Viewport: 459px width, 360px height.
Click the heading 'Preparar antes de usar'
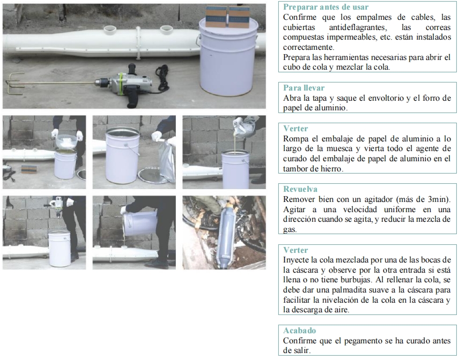pyautogui.click(x=326, y=7)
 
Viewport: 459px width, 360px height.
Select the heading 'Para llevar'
pyautogui.click(x=304, y=88)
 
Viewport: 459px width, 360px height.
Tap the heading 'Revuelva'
pyautogui.click(x=300, y=189)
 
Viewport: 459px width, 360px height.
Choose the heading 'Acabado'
pyautogui.click(x=299, y=331)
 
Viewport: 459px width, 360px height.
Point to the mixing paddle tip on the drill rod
pyautogui.click(x=14, y=84)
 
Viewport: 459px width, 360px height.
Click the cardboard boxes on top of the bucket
pyautogui.click(x=228, y=17)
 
